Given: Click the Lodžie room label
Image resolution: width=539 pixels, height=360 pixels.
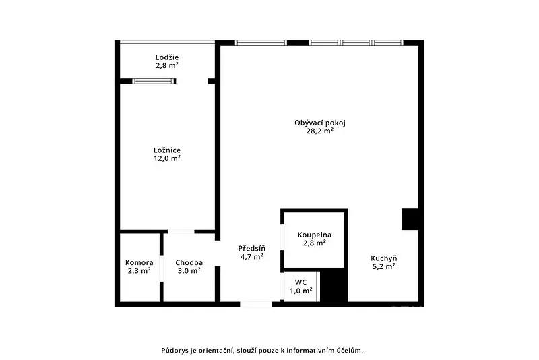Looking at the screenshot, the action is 166,57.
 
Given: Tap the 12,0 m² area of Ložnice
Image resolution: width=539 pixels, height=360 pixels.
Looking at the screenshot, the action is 167,158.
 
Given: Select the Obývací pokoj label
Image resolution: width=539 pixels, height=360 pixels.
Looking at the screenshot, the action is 319,123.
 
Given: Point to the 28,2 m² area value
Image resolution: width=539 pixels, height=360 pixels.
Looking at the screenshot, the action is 320,131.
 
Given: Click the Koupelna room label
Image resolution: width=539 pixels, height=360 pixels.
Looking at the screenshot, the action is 315,235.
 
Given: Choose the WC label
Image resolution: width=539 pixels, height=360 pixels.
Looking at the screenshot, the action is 300,282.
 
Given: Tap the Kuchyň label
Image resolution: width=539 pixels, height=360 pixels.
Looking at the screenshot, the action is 383,258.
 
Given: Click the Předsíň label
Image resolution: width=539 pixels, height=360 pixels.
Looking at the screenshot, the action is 251,248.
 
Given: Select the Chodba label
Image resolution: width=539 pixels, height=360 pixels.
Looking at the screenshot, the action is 189,263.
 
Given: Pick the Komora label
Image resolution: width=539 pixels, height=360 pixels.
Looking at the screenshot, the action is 139,263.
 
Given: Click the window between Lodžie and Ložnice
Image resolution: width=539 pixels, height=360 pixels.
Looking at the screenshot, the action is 154,81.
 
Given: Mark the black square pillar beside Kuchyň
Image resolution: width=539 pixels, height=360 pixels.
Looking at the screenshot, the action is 410,219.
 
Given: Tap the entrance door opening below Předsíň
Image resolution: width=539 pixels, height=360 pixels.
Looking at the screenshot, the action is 256,305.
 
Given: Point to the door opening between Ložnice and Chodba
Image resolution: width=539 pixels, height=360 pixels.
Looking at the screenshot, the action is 181,232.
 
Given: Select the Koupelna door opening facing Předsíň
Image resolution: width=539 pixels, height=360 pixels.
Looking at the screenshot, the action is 282,237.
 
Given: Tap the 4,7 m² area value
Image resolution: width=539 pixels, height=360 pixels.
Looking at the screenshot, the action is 251,256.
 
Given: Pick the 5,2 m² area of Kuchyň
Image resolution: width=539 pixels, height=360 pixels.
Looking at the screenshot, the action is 383,266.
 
